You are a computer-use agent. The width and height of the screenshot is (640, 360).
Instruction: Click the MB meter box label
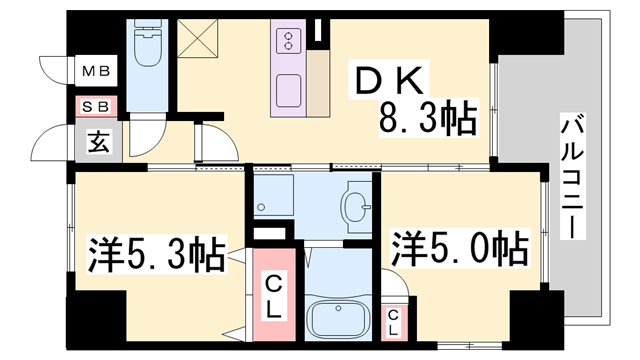pos(96,72)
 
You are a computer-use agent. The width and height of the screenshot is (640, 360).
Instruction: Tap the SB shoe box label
pos(96,104)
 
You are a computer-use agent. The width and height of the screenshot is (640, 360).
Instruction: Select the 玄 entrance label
pos(98,141)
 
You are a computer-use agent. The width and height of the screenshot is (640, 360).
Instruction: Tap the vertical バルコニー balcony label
pos(573,175)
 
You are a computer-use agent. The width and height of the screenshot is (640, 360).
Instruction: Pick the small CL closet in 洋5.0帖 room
pos(396,319)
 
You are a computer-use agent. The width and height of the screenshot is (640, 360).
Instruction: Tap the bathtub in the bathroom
pos(340,318)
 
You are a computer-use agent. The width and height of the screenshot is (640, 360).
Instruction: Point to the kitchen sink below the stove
pos(287,91)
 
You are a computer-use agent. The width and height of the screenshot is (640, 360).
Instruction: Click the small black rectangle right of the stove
pos(318,31)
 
